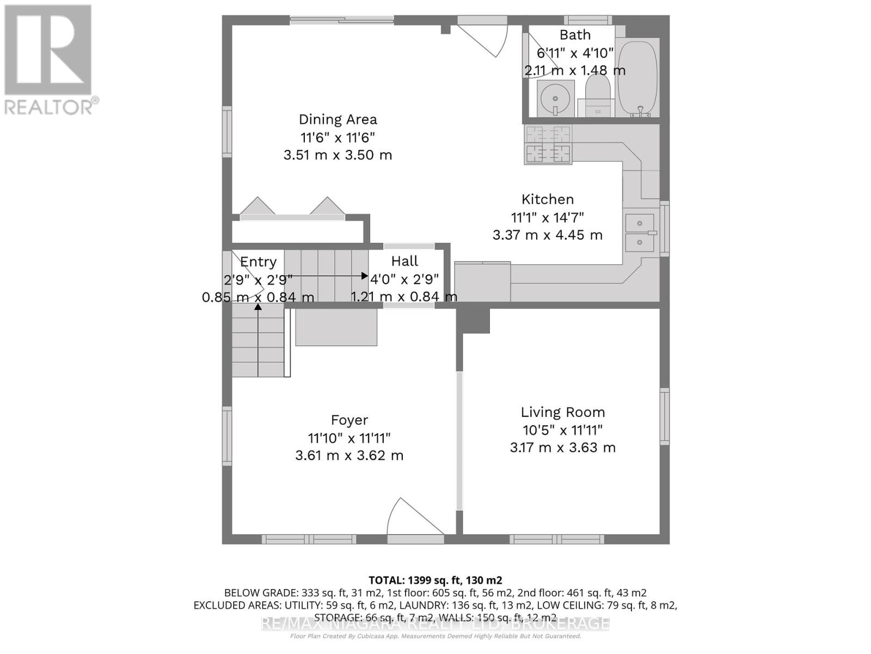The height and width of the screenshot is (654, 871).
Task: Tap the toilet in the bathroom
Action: [x=597, y=96]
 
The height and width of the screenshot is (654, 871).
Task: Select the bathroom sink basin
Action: [x=555, y=99]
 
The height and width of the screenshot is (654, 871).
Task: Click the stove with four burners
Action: [x=548, y=144]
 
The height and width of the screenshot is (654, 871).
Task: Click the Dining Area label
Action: [x=338, y=119]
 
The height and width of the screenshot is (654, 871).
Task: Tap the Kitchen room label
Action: [x=547, y=199]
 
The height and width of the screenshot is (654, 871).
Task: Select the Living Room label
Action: [x=562, y=413]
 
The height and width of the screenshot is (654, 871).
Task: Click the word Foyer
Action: [x=349, y=420]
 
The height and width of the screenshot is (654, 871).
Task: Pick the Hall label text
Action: [x=404, y=261]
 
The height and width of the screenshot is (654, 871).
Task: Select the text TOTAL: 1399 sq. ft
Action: [x=435, y=580]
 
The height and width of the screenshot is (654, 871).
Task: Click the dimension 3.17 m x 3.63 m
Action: [x=562, y=448]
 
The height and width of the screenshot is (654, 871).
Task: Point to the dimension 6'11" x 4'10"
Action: [x=575, y=53]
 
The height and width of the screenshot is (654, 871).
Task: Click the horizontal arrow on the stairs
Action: [x=327, y=276]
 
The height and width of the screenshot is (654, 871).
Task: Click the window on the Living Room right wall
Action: [x=664, y=416]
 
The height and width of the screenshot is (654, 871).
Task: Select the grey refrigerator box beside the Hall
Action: [x=482, y=282]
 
